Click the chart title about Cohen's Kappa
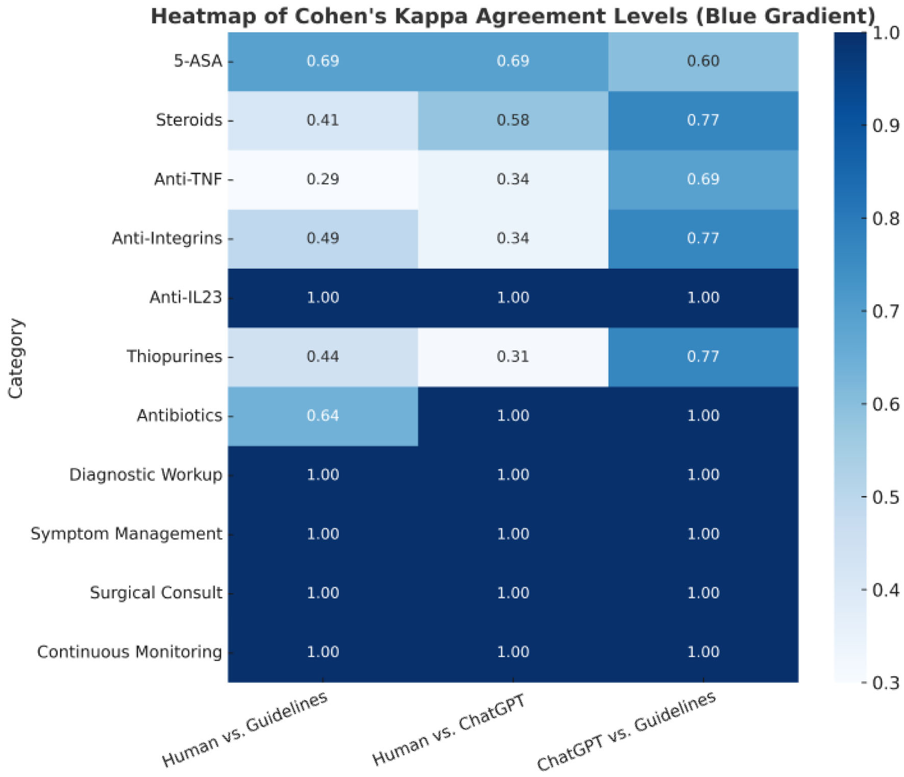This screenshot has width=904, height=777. coord(513,16)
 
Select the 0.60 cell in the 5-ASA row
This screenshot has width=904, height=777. coord(703,61)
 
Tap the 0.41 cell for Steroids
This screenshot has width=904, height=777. coord(322,120)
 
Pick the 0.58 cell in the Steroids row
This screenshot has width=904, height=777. coord(513,120)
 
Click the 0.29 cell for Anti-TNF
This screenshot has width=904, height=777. coord(322,179)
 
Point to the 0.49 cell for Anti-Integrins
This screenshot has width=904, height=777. coord(322,238)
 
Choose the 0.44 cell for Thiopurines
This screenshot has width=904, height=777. coord(322,357)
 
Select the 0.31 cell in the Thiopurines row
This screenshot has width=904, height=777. coord(513,357)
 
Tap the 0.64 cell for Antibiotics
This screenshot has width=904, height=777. coord(322,416)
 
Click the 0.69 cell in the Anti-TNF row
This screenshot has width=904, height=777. coord(703,179)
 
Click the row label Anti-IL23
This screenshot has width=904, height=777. coord(186,297)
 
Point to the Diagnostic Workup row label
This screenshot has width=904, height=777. coord(145,475)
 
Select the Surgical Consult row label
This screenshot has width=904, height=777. coord(156,593)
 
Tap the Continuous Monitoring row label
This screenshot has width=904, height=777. coord(129,652)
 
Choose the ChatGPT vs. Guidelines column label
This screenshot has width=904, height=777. coord(626,732)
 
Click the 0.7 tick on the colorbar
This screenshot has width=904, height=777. coord(886,311)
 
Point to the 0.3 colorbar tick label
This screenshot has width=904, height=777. coord(886,683)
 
